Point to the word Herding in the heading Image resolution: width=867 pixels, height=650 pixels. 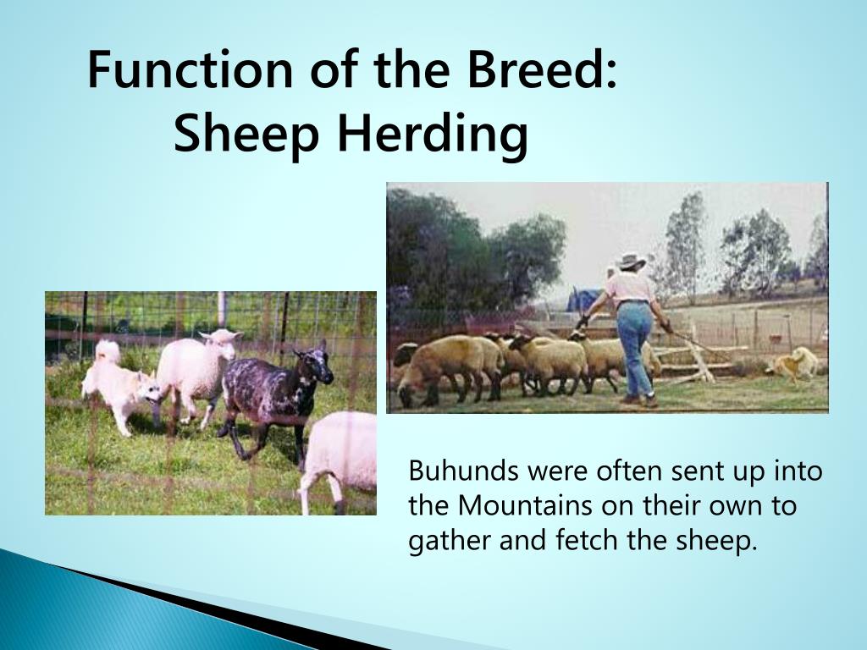433,135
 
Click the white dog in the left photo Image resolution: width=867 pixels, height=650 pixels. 119,385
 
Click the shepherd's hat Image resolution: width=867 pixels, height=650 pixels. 631,262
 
